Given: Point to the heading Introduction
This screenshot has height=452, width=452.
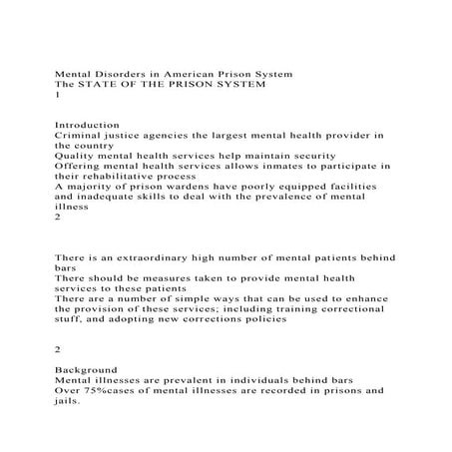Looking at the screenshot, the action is tap(88, 124).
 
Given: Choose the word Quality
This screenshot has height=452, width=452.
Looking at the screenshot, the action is tap(76, 155).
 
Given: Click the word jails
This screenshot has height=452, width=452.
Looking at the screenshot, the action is tap(67, 403).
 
